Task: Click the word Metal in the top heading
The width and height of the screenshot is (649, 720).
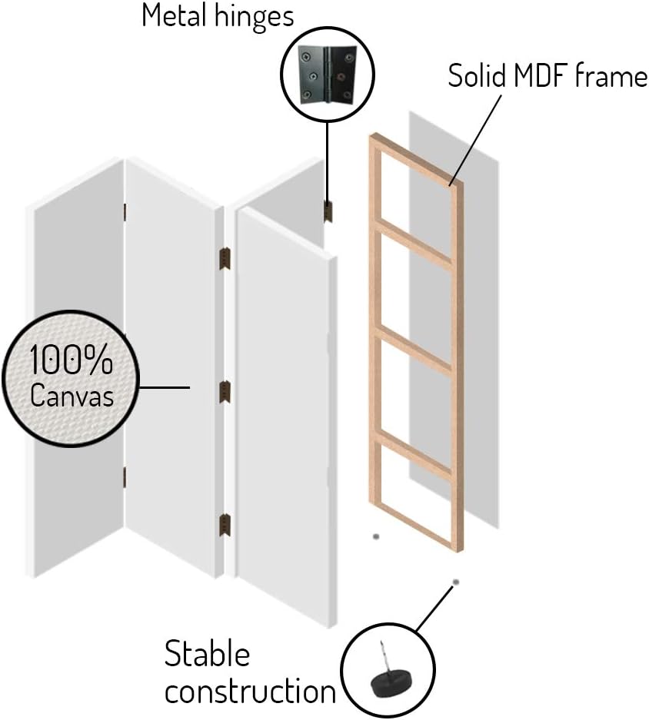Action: point(174,15)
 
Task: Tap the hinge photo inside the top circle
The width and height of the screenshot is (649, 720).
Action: point(328,75)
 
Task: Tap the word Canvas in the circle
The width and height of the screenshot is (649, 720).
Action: point(72,395)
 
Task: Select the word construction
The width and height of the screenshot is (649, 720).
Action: point(251,691)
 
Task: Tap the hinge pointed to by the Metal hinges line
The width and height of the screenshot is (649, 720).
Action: point(328,211)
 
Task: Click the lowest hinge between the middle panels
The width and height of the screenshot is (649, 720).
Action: point(225,526)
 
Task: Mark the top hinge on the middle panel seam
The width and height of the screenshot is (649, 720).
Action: point(225,258)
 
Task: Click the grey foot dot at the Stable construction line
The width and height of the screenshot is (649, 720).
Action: point(455,582)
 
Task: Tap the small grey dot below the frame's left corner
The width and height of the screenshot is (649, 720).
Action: point(376,536)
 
